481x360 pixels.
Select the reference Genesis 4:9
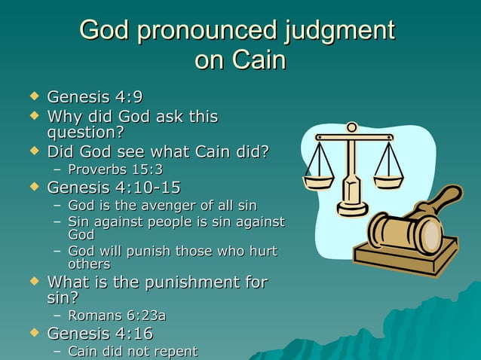pos(94,98)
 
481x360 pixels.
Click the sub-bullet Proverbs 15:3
pos(115,169)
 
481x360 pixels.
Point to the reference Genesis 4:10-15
pos(113,188)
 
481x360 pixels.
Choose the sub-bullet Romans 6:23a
pos(116,316)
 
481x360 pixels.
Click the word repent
pos(174,352)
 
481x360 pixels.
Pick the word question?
pos(85,133)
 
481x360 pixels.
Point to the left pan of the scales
pos(318,182)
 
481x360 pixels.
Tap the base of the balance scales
pos(352,206)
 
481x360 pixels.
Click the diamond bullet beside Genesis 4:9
pos(32,98)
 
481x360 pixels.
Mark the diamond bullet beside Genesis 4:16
pos(32,333)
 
